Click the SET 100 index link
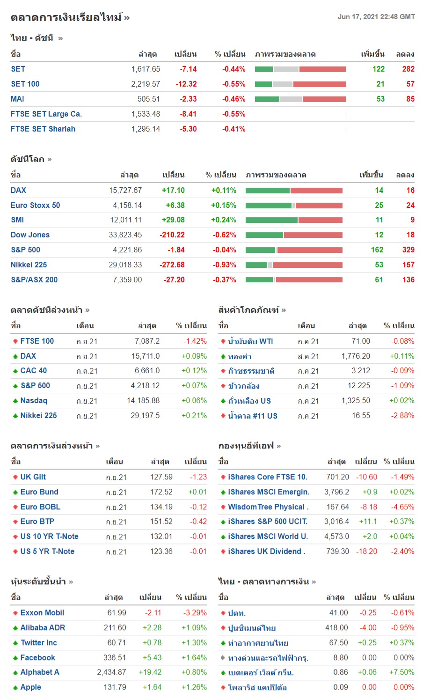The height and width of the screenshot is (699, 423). pyautogui.click(x=25, y=84)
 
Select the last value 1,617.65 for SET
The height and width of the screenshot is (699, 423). pyautogui.click(x=146, y=69)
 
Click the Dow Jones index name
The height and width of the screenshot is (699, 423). pyautogui.click(x=30, y=235)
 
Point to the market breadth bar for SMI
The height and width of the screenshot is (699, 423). pyautogui.click(x=294, y=220)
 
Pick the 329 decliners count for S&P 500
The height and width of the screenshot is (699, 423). pyautogui.click(x=408, y=250)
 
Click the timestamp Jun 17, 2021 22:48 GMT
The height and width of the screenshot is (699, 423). pyautogui.click(x=376, y=17)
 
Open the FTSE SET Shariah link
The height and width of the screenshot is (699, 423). pyautogui.click(x=43, y=129)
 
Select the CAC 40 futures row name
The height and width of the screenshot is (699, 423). pyautogui.click(x=34, y=370)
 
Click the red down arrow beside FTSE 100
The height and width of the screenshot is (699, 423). pyautogui.click(x=15, y=341)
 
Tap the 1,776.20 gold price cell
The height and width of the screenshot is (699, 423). pyautogui.click(x=356, y=356)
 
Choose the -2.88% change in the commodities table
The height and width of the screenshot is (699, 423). pyautogui.click(x=403, y=415)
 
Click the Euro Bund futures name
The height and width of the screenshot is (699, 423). pyautogui.click(x=39, y=492)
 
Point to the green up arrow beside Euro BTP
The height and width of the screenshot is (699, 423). pyautogui.click(x=15, y=522)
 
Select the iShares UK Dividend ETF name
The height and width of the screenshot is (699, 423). pyautogui.click(x=266, y=551)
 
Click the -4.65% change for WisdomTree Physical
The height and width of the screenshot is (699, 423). pyautogui.click(x=403, y=507)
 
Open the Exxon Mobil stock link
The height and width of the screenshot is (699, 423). pyautogui.click(x=42, y=612)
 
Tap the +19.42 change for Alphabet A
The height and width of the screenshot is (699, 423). pyautogui.click(x=150, y=672)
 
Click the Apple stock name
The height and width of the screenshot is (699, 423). pyautogui.click(x=31, y=687)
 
